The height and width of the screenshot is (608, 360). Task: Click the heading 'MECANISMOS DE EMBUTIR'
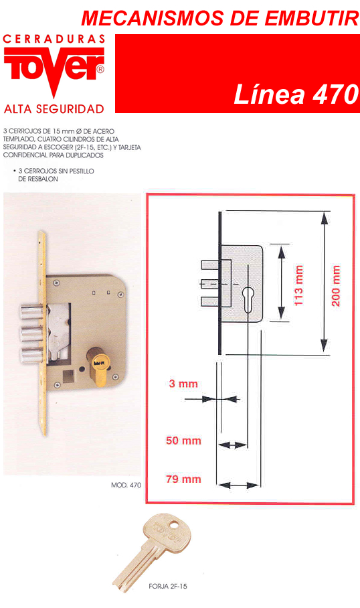pyautogui.click(x=220, y=18)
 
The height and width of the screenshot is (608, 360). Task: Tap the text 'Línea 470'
pyautogui.click(x=296, y=94)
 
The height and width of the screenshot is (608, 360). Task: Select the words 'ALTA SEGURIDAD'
pyautogui.click(x=54, y=109)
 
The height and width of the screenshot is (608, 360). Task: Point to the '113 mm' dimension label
pyautogui.click(x=298, y=285)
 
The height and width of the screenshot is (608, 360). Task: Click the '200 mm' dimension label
pyautogui.click(x=336, y=286)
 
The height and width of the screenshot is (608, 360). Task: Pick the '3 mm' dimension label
pyautogui.click(x=183, y=384)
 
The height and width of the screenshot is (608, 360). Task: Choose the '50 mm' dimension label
pyautogui.click(x=183, y=441)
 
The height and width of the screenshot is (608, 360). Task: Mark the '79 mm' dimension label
pyautogui.click(x=183, y=479)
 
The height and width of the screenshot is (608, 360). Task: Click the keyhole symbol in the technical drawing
pyautogui.click(x=247, y=299)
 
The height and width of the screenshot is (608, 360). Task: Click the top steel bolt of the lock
pyautogui.click(x=31, y=313)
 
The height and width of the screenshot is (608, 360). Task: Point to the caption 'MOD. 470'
pyautogui.click(x=126, y=485)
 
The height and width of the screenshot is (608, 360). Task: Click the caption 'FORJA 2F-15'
pyautogui.click(x=168, y=587)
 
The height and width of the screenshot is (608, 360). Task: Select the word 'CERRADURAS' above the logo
pyautogui.click(x=54, y=39)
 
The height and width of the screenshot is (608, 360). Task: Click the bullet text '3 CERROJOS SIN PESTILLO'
pyautogui.click(x=56, y=171)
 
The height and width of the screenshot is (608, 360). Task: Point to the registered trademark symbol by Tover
pyautogui.click(x=100, y=70)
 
